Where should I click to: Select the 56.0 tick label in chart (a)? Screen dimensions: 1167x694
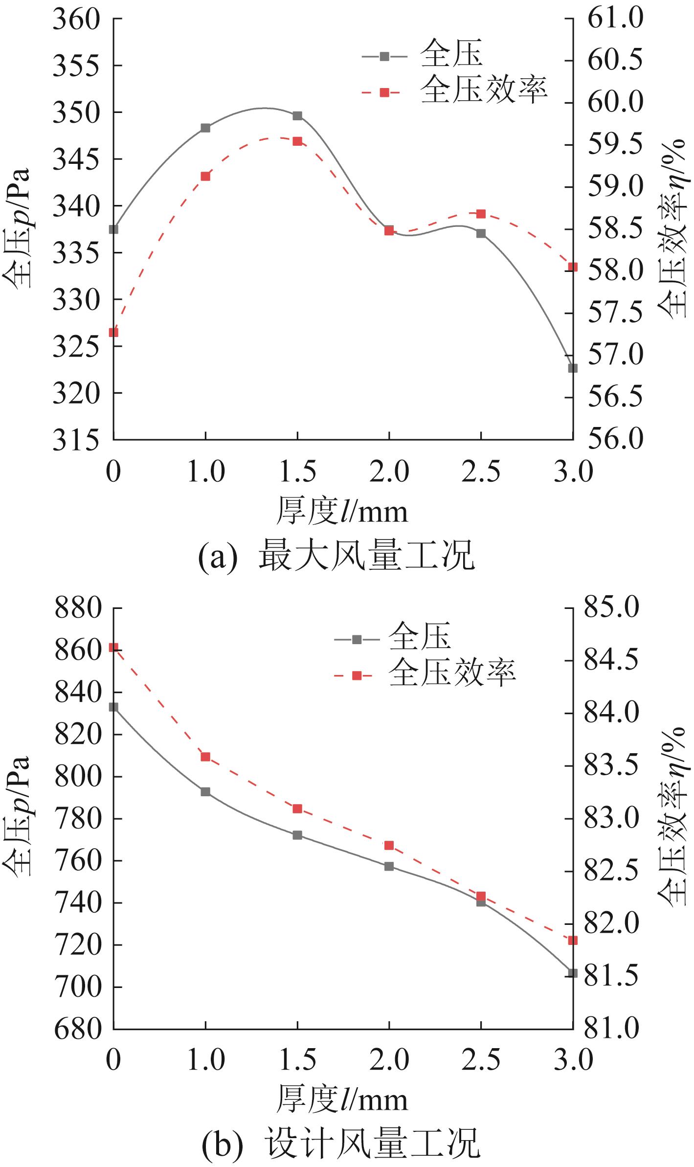point(614,439)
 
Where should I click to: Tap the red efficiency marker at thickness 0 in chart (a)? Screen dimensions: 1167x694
point(113,333)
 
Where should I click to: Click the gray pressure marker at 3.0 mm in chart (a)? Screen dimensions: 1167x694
point(573,368)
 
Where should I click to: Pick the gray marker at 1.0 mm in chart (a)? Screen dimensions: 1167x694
point(205,128)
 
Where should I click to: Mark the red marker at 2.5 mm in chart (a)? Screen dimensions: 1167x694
point(481,214)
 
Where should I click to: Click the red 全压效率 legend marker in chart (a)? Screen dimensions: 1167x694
point(384,92)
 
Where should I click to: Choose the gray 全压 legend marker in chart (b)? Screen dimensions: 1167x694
point(357,639)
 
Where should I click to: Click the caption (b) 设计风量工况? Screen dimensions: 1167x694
point(340,1143)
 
